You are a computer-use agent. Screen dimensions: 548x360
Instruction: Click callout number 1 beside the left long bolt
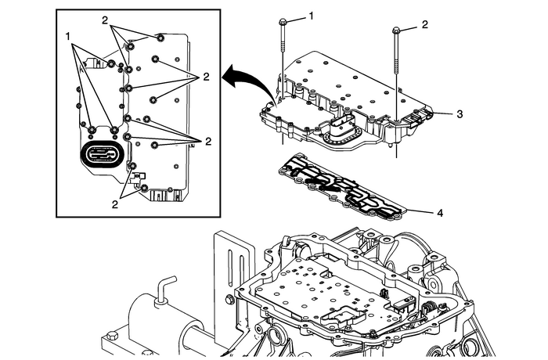pos(311,16)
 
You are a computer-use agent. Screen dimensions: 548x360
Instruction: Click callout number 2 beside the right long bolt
pos(424,24)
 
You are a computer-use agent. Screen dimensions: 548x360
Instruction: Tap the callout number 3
pos(460,114)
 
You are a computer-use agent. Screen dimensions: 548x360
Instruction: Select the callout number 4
pos(440,213)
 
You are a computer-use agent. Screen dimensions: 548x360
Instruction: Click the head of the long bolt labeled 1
pos(283,23)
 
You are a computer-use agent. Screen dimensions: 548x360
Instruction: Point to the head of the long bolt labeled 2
pos(396,30)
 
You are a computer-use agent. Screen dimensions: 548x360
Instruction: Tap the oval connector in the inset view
pos(101,154)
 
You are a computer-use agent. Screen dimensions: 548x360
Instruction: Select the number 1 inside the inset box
pos(68,36)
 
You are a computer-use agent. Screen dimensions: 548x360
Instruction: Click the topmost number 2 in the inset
pos(105,20)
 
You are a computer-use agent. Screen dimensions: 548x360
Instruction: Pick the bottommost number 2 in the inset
pos(114,204)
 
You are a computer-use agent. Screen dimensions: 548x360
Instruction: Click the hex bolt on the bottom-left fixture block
pos(113,337)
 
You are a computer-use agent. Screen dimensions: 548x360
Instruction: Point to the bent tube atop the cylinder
pos(164,287)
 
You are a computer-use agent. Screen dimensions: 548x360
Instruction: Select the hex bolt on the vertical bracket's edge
pos(230,299)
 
